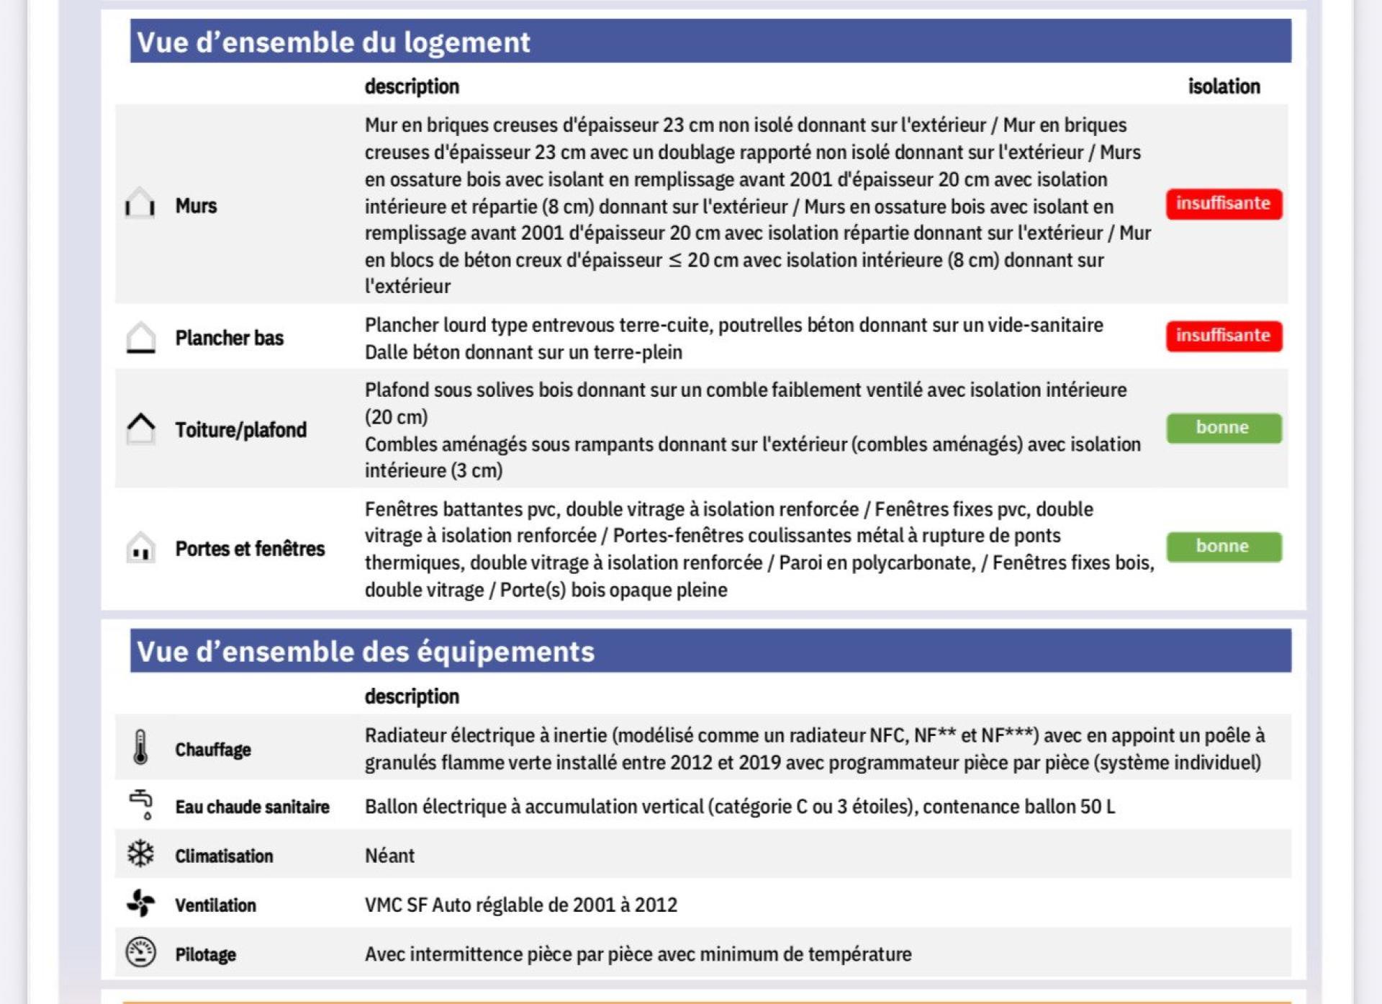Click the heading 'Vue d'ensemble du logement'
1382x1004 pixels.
point(333,42)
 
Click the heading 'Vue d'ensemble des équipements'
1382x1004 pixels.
point(366,652)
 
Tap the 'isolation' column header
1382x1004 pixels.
point(1224,86)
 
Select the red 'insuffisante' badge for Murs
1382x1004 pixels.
point(1224,204)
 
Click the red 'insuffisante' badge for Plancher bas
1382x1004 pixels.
point(1224,336)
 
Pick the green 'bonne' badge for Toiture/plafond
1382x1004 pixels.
point(1224,428)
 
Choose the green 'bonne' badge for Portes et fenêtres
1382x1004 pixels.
point(1224,547)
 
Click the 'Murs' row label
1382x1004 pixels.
point(196,206)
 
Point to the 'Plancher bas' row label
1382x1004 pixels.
point(229,338)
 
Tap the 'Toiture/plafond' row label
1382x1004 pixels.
point(240,430)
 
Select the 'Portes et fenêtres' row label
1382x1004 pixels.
point(250,549)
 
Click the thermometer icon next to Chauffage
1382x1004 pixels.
point(140,747)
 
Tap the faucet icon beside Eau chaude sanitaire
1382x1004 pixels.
point(142,804)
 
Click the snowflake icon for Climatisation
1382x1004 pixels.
point(140,854)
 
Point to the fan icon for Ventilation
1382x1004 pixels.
point(140,903)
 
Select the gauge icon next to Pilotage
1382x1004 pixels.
point(140,953)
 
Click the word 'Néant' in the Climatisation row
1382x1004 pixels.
point(389,856)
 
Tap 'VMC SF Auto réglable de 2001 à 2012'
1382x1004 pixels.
point(520,905)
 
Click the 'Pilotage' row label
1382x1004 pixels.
point(205,955)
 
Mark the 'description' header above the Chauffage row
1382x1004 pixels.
point(412,696)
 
